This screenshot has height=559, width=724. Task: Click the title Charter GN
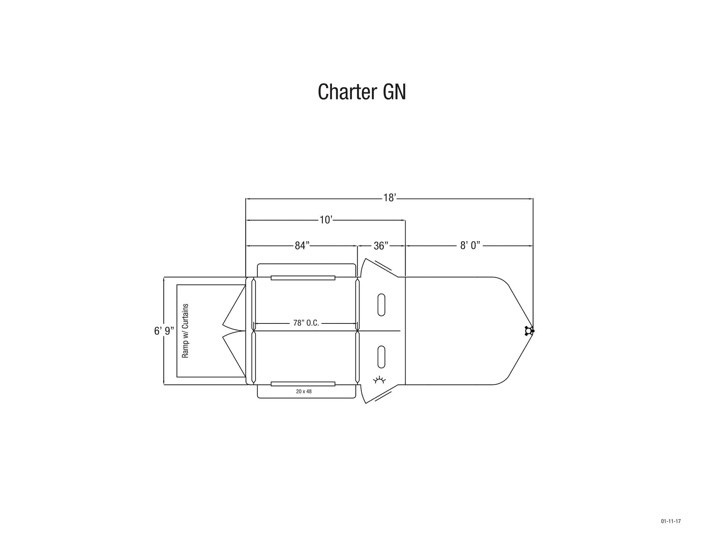(x=362, y=92)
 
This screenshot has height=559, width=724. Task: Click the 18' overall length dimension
(x=389, y=198)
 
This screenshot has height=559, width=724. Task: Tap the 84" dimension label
(x=302, y=246)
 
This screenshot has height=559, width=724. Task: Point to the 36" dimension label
(x=381, y=246)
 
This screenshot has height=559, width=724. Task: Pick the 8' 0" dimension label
(x=470, y=246)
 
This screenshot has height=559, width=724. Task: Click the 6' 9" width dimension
(x=164, y=331)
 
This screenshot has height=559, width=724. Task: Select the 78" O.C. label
(x=306, y=323)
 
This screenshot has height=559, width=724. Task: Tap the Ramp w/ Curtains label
(x=185, y=331)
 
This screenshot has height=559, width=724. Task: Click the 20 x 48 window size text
(x=304, y=391)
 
